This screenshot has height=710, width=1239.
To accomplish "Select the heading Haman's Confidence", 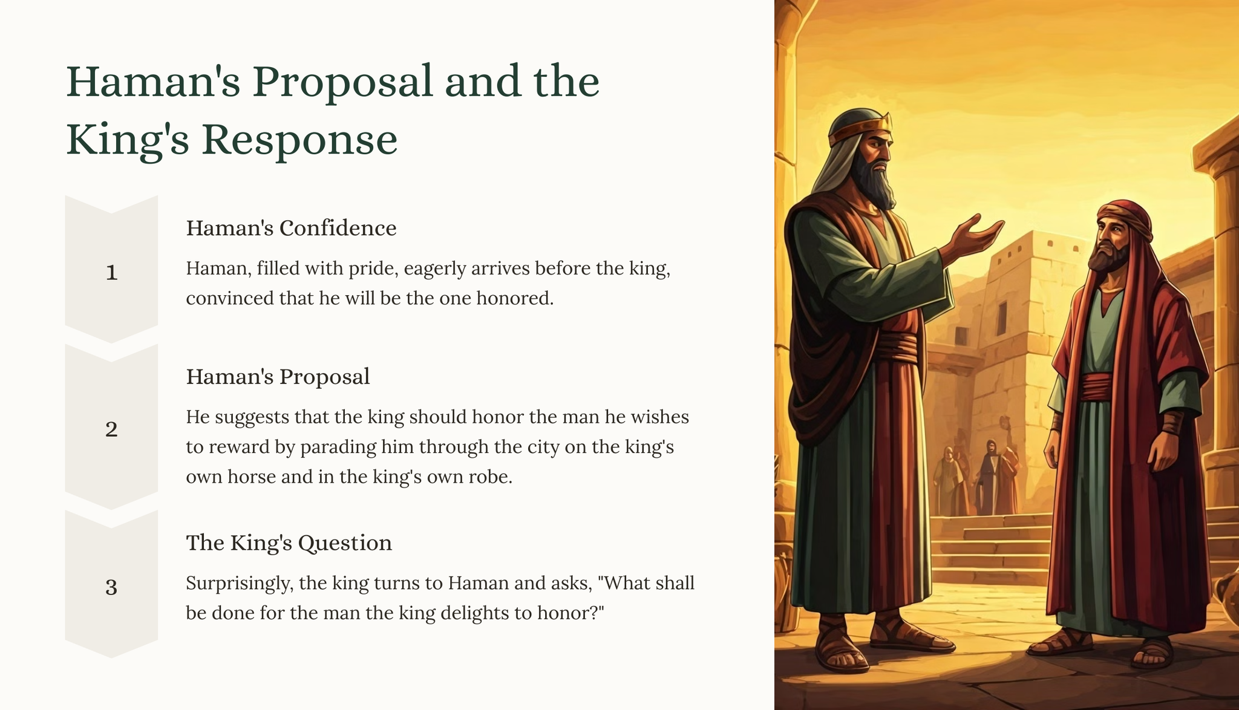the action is click(291, 228).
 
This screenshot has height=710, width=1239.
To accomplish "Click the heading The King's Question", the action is click(289, 543).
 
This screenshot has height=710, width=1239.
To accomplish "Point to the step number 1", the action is click(111, 273).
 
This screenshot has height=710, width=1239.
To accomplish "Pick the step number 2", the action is click(111, 429).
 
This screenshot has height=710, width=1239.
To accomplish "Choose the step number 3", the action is click(111, 587).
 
